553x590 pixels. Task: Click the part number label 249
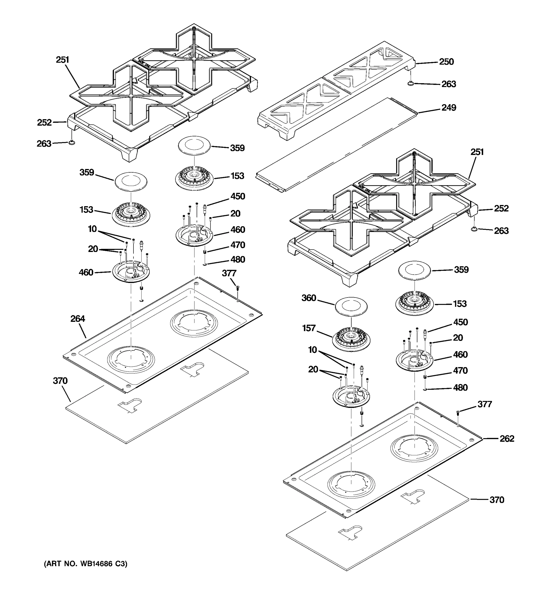click(x=448, y=107)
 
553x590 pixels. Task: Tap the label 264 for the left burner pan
click(x=77, y=319)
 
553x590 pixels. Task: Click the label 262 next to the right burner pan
click(x=507, y=439)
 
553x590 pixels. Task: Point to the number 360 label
click(x=308, y=298)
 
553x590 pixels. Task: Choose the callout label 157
click(x=308, y=328)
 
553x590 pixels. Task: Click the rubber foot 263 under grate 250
click(x=411, y=84)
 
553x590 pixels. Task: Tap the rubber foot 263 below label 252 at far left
click(x=72, y=143)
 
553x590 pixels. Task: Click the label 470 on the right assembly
click(x=460, y=371)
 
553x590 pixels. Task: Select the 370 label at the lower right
click(x=497, y=500)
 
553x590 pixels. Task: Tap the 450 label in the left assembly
click(x=238, y=196)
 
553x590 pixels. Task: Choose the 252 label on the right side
click(x=501, y=208)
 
